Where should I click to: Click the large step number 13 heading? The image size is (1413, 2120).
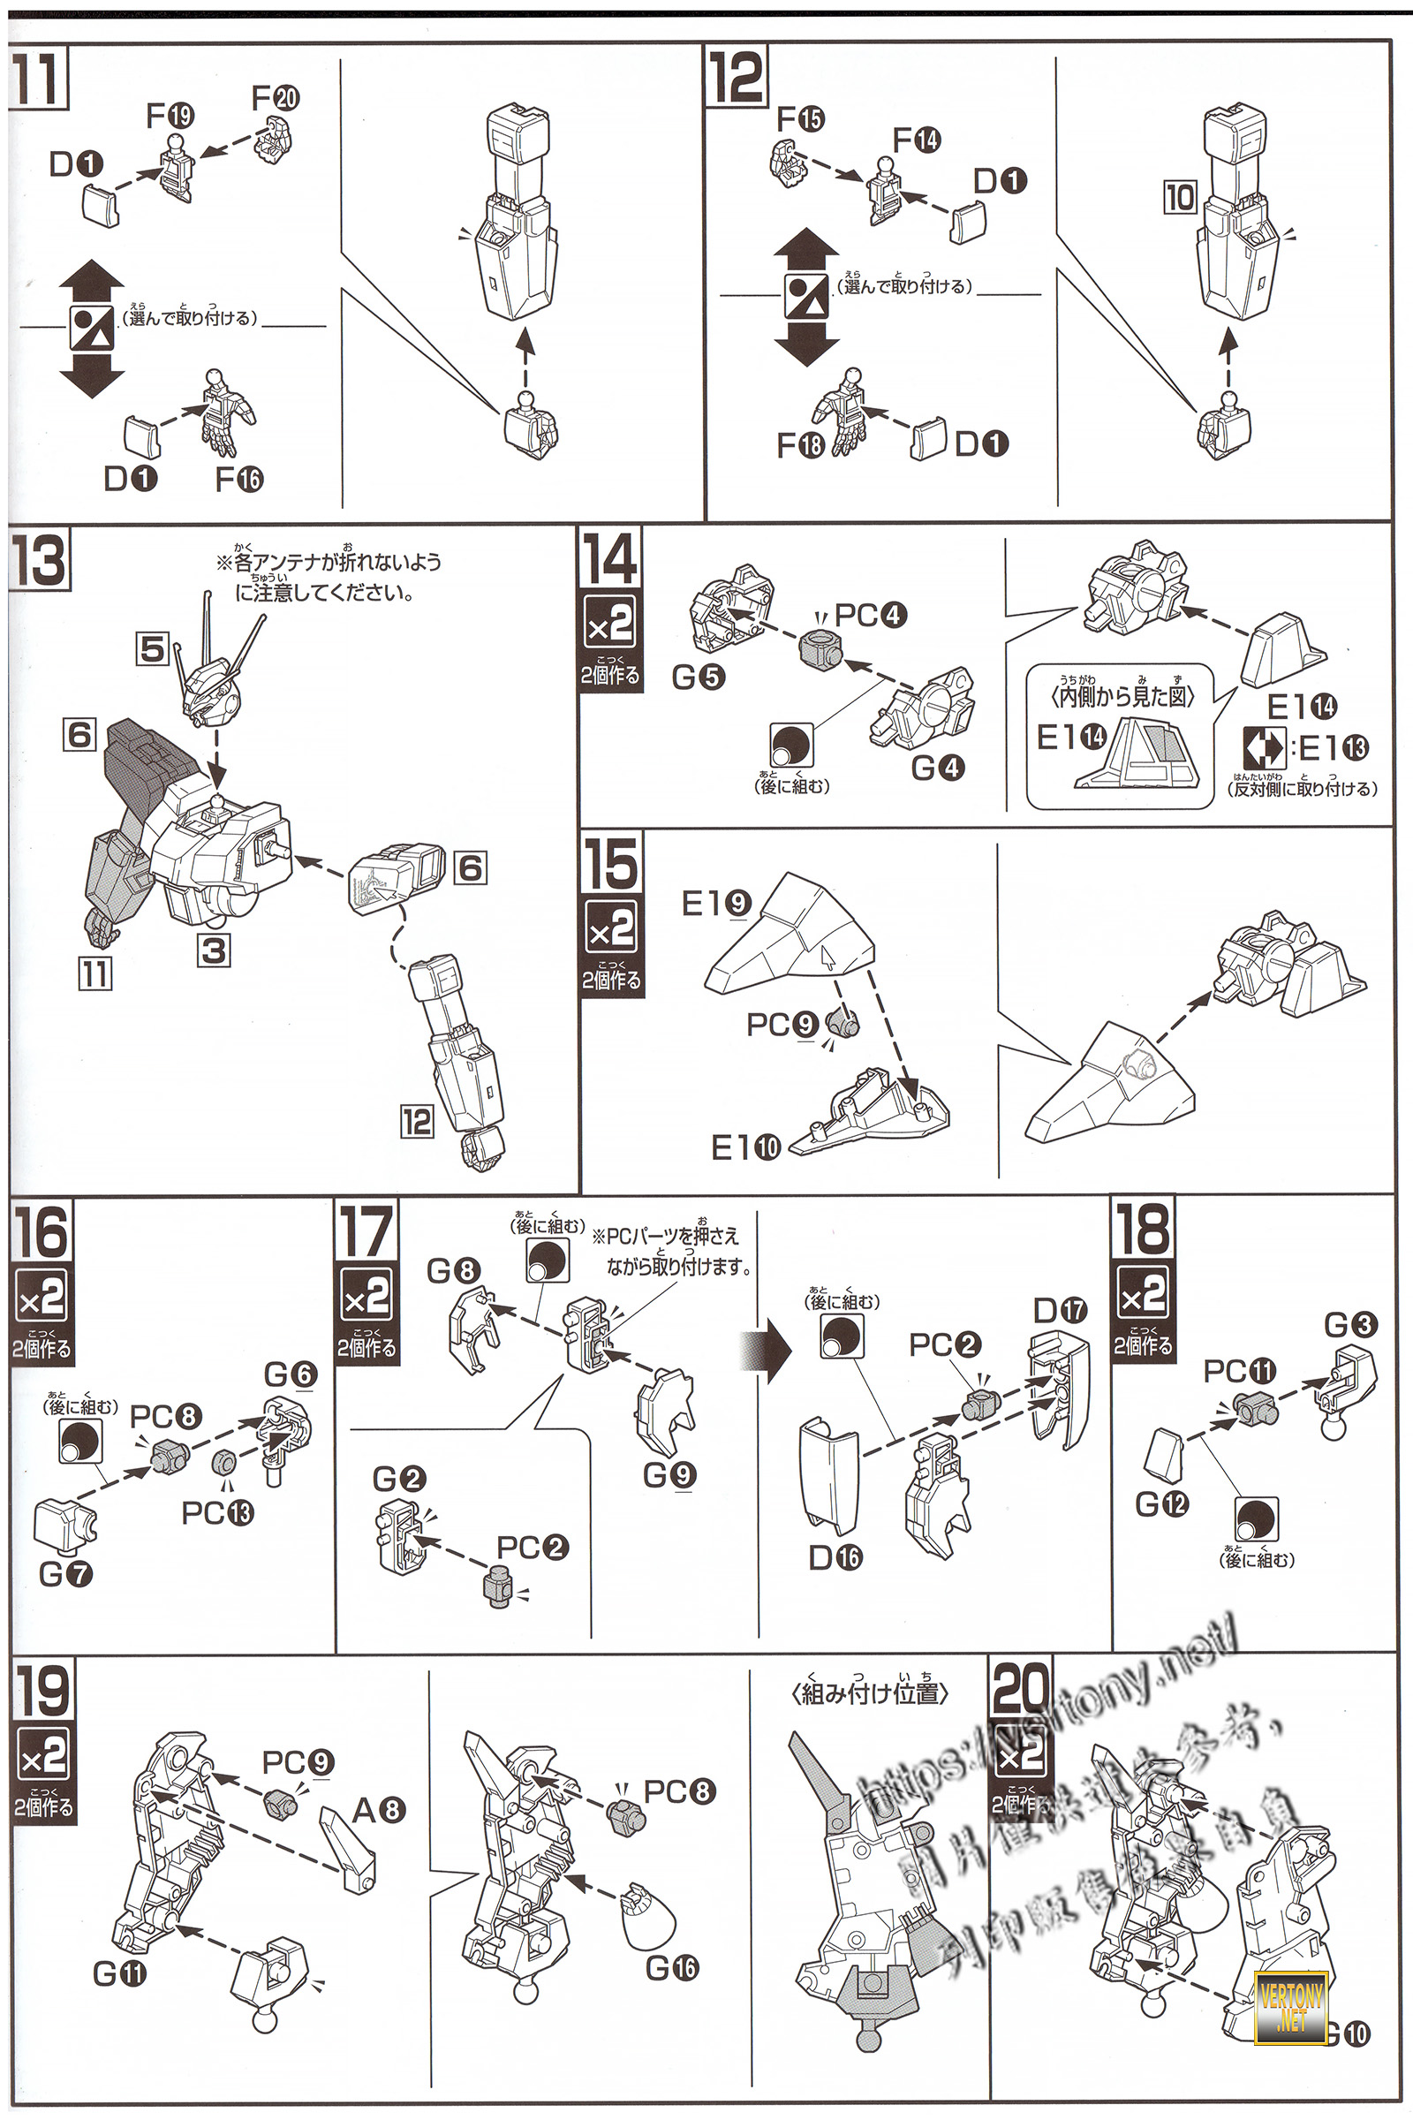click(x=39, y=562)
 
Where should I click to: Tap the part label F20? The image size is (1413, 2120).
click(x=276, y=98)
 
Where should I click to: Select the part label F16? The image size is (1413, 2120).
click(x=239, y=479)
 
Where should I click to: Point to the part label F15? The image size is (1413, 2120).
click(x=800, y=119)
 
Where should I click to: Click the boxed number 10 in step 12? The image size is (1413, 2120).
click(x=1181, y=197)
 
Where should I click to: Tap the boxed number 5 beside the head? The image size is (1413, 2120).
click(x=153, y=649)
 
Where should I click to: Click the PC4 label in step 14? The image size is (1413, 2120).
click(x=871, y=617)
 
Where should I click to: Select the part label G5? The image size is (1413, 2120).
click(x=699, y=678)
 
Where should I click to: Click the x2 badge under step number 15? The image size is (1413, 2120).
click(x=611, y=928)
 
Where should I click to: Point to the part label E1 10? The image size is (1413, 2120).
click(x=746, y=1147)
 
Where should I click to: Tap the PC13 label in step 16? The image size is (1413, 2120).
click(x=218, y=1512)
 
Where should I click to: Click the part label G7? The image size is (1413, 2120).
click(x=65, y=1574)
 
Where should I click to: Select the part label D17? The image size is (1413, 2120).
click(x=1061, y=1310)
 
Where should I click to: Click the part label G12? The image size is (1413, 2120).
click(x=1162, y=1503)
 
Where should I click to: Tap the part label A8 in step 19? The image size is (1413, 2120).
click(x=380, y=1809)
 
